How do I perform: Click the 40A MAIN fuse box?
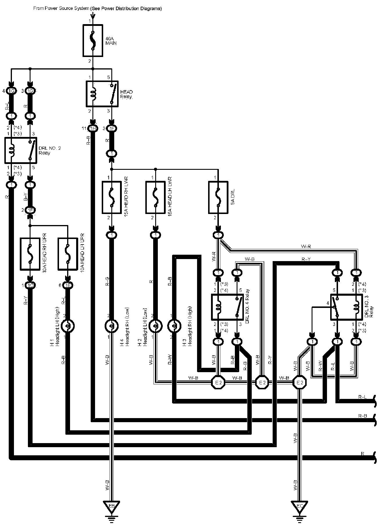point(93,40)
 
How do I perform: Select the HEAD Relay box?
point(102,94)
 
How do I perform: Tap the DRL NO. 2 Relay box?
point(21,150)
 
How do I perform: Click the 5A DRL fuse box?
point(218,197)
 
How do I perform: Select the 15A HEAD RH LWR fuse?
point(112,197)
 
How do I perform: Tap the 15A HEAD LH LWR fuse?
point(155,197)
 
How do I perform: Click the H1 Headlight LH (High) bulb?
point(68,326)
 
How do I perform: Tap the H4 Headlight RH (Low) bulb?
point(112,326)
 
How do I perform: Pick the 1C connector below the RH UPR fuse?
point(30,286)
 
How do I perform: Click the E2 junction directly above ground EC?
point(300,383)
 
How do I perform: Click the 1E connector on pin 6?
point(68,286)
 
